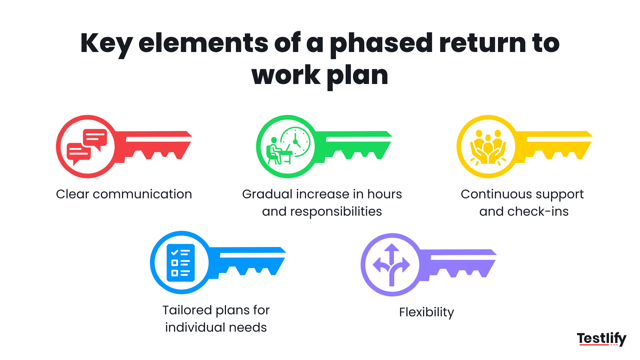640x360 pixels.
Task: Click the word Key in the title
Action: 106,44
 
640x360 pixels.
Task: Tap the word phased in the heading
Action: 381,44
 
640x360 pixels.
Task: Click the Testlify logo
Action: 601,339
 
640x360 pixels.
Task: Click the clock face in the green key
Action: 296,141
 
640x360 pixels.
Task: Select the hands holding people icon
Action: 488,147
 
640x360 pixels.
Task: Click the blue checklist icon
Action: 181,263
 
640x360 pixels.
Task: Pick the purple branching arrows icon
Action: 392,264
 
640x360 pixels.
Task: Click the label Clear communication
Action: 124,194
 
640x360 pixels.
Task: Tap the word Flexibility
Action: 426,312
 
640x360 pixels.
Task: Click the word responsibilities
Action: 336,212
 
